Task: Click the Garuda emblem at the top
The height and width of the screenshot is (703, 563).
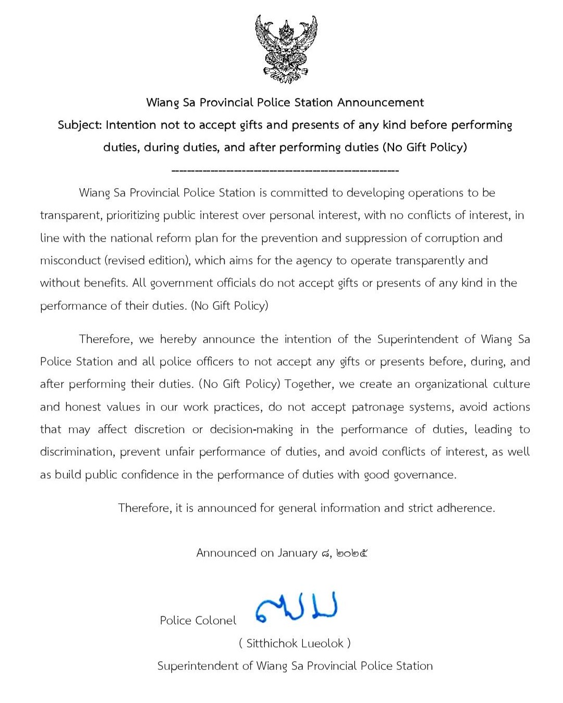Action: click(x=286, y=50)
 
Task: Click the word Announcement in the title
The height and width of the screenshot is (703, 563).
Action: click(x=381, y=102)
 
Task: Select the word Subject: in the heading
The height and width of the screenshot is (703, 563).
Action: click(x=80, y=125)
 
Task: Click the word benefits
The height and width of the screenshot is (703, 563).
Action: click(x=106, y=283)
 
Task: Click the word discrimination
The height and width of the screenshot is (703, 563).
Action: click(x=78, y=452)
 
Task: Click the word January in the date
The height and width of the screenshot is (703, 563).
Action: click(x=297, y=553)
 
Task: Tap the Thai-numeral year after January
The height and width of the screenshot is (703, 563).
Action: click(x=352, y=553)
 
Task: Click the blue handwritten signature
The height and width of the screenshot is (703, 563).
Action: click(x=297, y=608)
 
